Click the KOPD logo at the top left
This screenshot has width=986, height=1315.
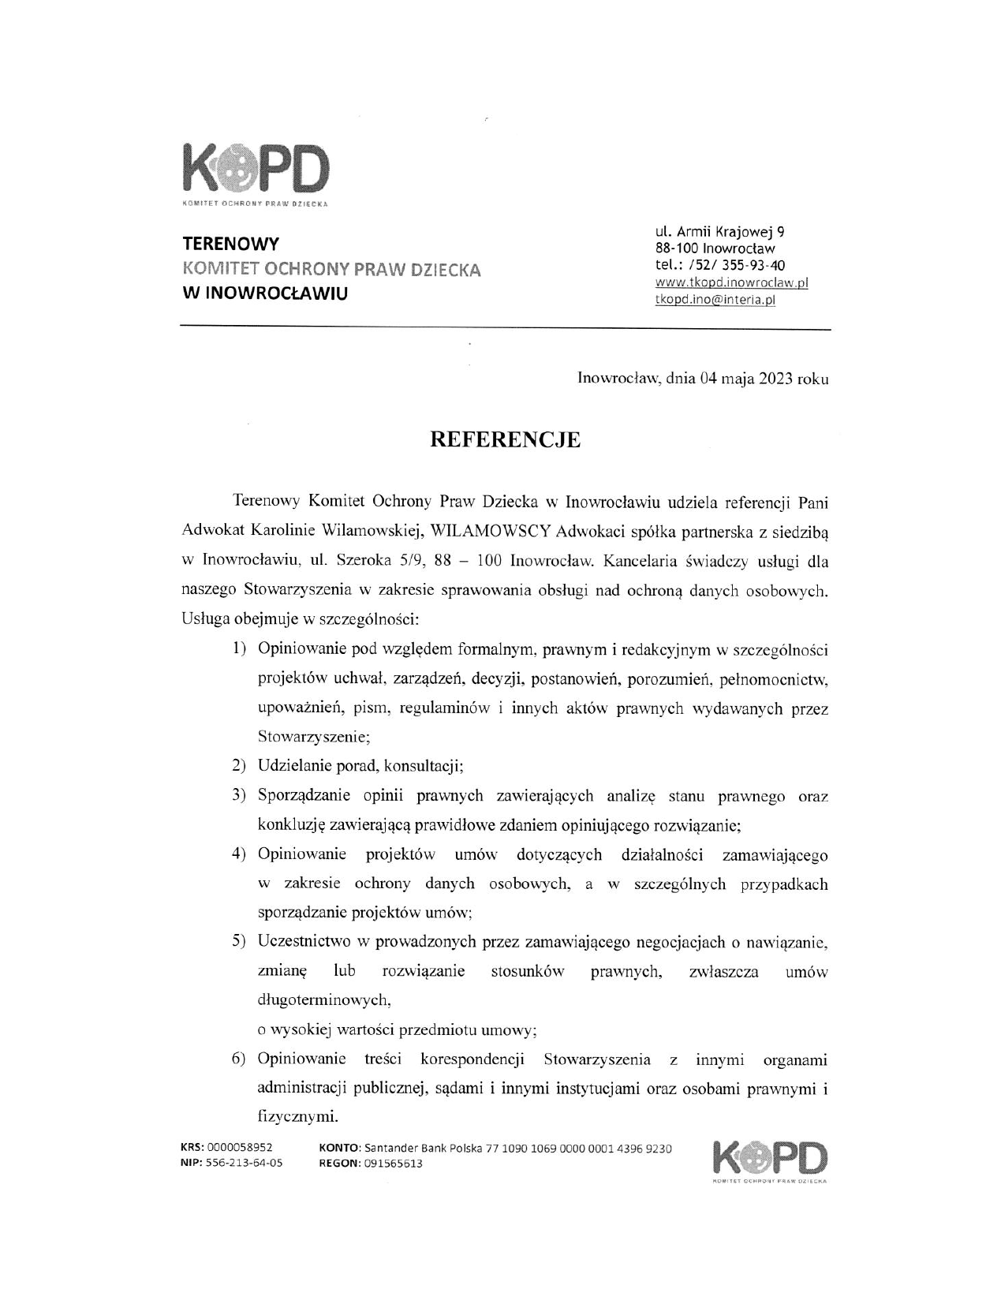tap(254, 172)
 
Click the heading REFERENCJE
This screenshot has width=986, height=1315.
tap(505, 440)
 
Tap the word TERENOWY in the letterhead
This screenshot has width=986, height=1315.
tap(230, 244)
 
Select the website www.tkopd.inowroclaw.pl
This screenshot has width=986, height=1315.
tap(731, 282)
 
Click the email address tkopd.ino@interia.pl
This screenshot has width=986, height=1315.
tap(715, 300)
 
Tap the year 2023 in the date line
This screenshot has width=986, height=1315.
tap(776, 379)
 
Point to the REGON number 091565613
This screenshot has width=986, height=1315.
tap(394, 1164)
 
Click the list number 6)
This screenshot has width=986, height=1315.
tap(239, 1059)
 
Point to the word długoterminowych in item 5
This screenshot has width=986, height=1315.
tap(324, 1001)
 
